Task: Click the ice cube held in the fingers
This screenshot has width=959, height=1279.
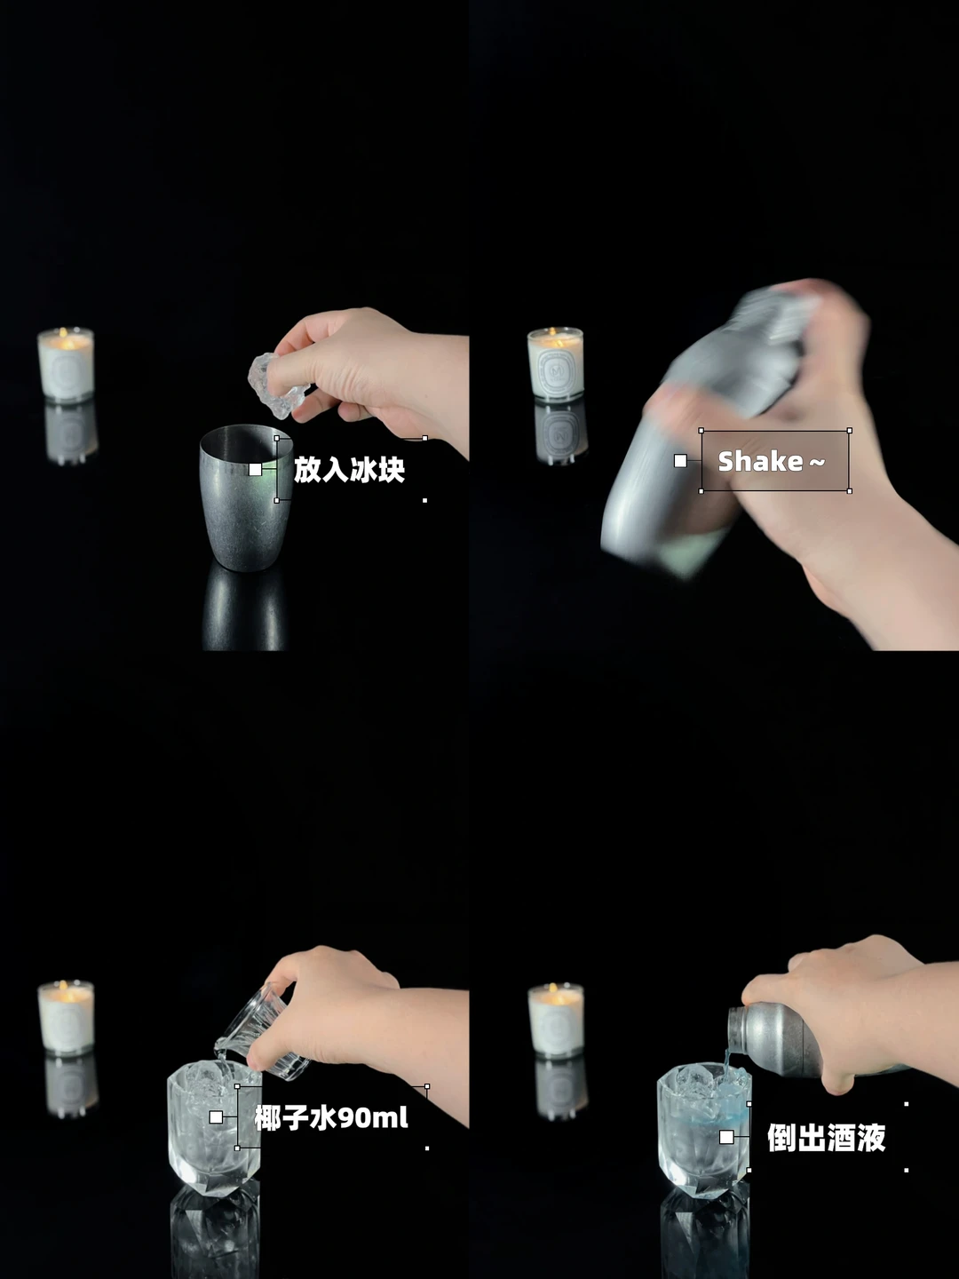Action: click(273, 385)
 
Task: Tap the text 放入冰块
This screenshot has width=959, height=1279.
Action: click(349, 470)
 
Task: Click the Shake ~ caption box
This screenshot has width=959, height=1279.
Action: click(775, 461)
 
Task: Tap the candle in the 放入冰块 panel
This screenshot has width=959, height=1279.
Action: click(66, 364)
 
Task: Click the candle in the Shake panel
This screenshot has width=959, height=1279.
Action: click(556, 363)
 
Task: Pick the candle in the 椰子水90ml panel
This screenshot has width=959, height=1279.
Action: click(66, 1017)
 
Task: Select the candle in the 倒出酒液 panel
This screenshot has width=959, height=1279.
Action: click(556, 1020)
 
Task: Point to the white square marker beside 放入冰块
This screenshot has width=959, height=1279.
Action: click(255, 469)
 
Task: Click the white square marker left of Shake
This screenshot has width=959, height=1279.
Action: click(680, 461)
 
